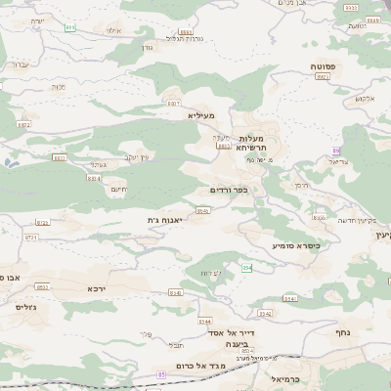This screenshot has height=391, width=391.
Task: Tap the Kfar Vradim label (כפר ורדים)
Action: tap(229, 190)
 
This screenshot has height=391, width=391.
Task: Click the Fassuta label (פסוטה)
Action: tap(323, 65)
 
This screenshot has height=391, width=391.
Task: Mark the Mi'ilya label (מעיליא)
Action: tap(198, 115)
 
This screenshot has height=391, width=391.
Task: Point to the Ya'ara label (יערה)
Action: tap(37, 20)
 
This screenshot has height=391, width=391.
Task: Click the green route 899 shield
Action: tap(70, 28)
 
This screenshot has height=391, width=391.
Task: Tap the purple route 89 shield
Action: tap(335, 150)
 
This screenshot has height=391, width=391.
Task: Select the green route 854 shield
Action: tap(247, 268)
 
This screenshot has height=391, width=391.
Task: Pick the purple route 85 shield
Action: tap(160, 373)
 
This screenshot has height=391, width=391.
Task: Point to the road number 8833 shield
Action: tap(60, 157)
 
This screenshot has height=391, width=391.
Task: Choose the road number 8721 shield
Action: tap(31, 238)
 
